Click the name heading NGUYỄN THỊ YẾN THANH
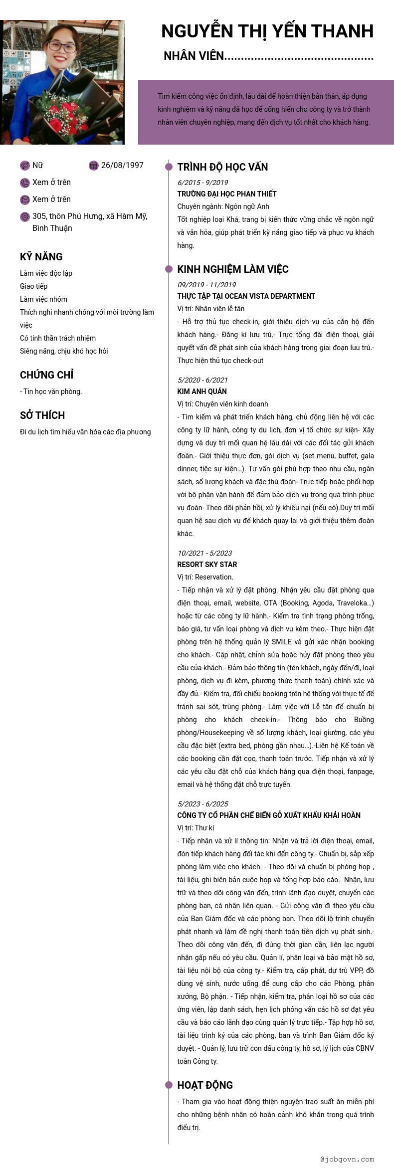(x=267, y=31)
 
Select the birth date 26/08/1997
(x=122, y=166)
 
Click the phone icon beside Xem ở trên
(x=25, y=183)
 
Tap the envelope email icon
(x=25, y=199)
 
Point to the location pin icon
(x=25, y=216)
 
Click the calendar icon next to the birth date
(x=93, y=166)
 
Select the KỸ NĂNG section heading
(x=41, y=257)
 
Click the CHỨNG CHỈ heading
(x=47, y=375)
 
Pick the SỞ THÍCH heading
(x=42, y=415)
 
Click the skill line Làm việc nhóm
(x=43, y=299)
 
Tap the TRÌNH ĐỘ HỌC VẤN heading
(x=222, y=167)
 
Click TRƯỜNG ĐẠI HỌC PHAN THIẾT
(x=227, y=194)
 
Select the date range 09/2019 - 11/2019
(x=206, y=285)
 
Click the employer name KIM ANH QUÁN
(x=202, y=391)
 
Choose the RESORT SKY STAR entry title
(x=207, y=565)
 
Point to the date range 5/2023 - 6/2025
(x=202, y=804)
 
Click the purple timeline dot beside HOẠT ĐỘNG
(x=169, y=1085)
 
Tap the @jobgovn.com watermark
(x=347, y=1159)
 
